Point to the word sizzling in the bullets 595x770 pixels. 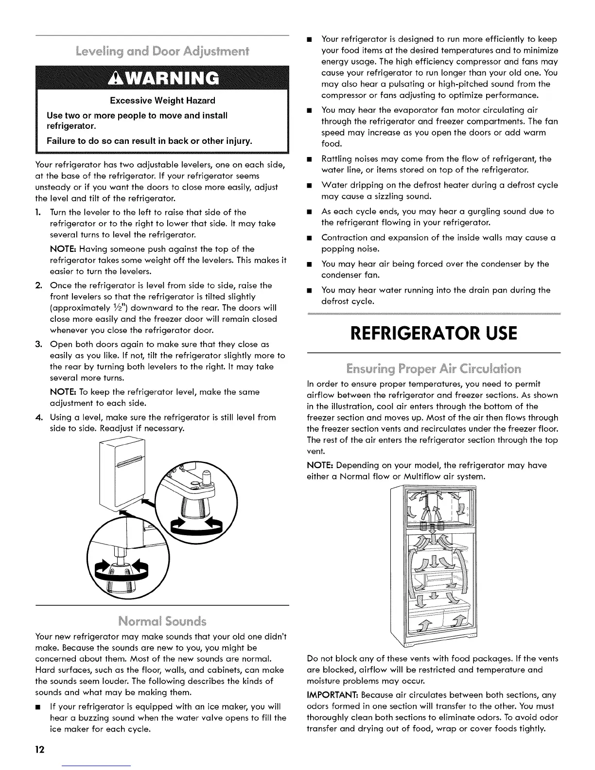coord(378,196)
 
